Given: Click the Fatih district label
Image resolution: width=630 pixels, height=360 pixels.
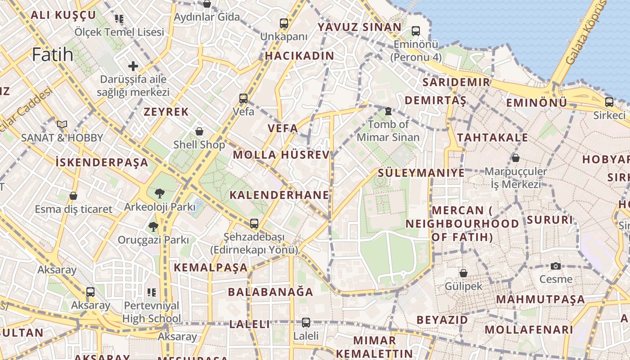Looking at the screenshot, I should (53, 54).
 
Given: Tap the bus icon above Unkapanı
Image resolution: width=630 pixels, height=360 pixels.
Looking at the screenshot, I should (283, 23).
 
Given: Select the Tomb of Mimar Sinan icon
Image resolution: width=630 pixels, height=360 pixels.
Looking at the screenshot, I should (388, 111).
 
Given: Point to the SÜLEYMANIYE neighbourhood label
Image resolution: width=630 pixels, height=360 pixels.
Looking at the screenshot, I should (421, 173).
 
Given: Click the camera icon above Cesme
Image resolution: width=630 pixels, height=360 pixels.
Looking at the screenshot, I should (556, 266).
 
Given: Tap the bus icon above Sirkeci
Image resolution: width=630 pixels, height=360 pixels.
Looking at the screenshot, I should (609, 102).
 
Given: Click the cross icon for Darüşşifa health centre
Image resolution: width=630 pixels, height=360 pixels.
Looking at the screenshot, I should (133, 66).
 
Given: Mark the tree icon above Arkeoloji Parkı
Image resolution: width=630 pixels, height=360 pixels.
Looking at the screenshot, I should (159, 193).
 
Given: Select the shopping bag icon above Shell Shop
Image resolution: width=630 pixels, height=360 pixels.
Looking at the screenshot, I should (199, 131).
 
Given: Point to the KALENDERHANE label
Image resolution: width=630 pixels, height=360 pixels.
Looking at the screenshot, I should (279, 195).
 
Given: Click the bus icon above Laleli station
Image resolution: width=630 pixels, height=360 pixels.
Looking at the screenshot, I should (306, 322).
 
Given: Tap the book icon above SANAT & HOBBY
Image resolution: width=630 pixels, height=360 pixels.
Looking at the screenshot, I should (62, 124).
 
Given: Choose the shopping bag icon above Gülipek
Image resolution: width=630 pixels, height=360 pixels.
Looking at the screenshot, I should (463, 273).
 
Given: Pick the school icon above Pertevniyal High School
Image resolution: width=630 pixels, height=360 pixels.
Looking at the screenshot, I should (152, 292).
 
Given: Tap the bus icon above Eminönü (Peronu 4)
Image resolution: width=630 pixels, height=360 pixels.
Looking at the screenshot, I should (415, 31).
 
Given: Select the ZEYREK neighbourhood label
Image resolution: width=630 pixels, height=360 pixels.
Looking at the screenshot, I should (166, 112).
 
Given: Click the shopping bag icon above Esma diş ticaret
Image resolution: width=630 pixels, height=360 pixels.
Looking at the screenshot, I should (73, 196).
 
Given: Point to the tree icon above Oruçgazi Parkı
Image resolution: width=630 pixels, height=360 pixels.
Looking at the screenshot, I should (153, 226).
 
